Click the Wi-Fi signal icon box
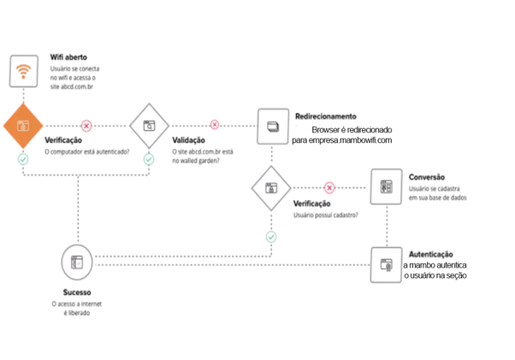24,71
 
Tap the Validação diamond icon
149,125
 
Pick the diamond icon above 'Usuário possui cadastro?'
271,186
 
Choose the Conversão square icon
386,186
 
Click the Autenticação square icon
386,265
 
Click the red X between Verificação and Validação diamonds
86,125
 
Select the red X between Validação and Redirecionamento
214,125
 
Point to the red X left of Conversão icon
329,186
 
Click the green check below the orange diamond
23,159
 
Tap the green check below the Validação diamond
149,159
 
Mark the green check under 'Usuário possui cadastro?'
271,236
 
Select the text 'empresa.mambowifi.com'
341,140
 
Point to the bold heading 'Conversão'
426,177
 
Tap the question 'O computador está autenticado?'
86,151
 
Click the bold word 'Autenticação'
432,254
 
